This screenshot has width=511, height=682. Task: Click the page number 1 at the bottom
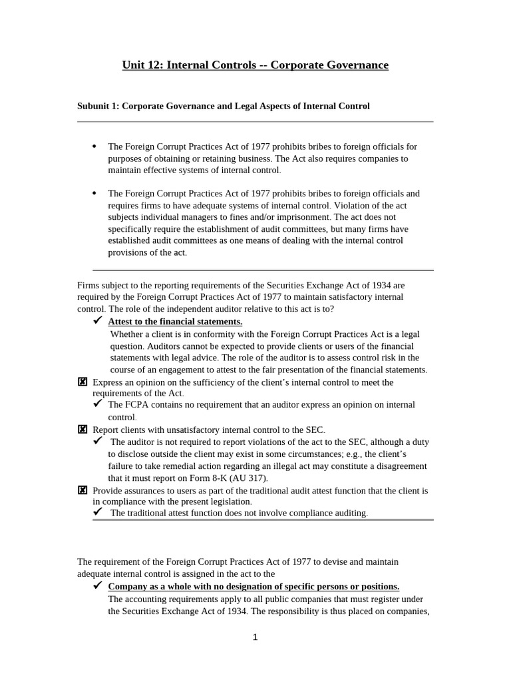coord(255,637)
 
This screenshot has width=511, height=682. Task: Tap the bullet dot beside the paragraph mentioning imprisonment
coord(94,193)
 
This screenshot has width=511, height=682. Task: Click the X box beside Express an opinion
coord(83,382)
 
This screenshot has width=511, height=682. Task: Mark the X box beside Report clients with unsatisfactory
coord(83,430)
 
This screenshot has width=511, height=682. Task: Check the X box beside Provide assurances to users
coord(83,490)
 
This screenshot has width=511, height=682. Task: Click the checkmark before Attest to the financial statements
coord(98,321)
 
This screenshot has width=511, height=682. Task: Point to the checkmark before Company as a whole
coord(98,585)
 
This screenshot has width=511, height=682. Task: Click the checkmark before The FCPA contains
coord(98,404)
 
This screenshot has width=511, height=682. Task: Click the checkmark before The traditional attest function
coord(98,511)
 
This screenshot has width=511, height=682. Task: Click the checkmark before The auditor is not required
coord(98,441)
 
